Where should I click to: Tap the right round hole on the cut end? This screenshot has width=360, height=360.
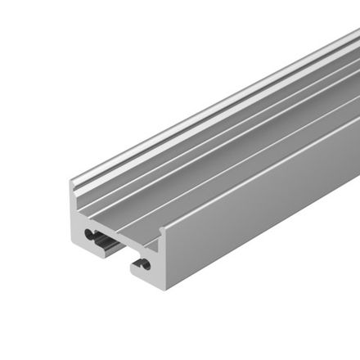click(x=144, y=264)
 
